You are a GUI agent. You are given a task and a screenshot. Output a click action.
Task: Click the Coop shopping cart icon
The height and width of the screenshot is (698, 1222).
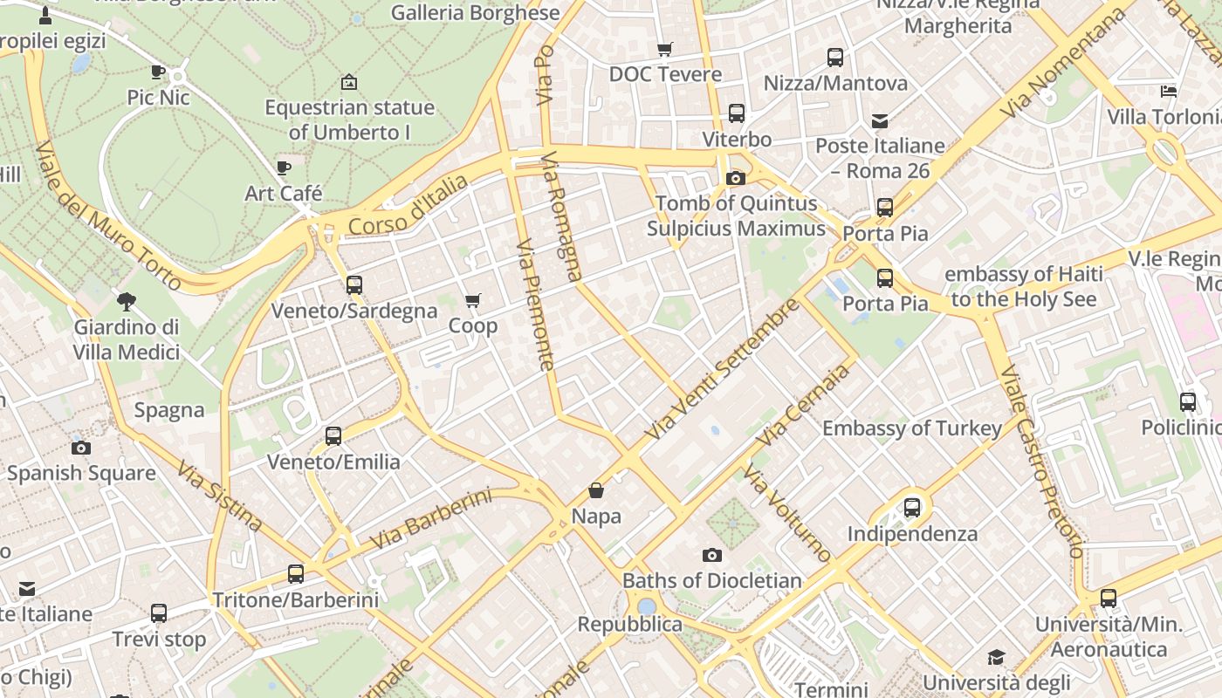click(472, 301)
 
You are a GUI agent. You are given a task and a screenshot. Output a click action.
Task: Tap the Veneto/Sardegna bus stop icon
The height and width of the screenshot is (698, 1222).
click(354, 284)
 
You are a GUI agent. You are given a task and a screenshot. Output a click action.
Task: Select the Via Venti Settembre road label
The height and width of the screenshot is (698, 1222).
click(722, 369)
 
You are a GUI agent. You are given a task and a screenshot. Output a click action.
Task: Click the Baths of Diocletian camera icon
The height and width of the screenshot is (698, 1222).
click(711, 555)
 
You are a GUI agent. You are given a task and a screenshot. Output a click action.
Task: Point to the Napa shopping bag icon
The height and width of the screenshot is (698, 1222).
click(596, 490)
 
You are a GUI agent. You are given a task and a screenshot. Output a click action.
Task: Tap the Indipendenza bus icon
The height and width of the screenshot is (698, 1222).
click(912, 507)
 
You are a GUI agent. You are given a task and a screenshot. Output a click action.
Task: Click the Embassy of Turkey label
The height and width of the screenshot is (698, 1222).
click(911, 428)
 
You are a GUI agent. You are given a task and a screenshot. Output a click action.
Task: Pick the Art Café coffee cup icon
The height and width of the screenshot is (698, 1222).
click(283, 168)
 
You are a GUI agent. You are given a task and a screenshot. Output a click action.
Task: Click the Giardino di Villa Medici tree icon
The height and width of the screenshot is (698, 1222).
click(127, 302)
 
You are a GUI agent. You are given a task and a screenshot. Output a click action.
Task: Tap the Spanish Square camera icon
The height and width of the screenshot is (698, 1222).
click(80, 448)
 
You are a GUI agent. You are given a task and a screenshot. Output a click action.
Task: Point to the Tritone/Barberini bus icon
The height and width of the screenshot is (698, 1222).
click(296, 574)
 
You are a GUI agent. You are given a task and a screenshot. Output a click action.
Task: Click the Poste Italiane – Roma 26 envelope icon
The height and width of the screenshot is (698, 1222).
click(879, 120)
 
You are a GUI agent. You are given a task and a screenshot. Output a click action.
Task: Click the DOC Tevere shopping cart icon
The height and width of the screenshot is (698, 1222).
click(665, 49)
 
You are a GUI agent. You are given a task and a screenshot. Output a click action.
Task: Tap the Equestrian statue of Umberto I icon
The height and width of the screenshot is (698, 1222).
click(349, 82)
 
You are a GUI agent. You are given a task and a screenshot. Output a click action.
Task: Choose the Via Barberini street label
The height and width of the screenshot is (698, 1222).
click(430, 519)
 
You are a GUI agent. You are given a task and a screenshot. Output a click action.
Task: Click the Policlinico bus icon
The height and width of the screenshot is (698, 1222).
click(1187, 402)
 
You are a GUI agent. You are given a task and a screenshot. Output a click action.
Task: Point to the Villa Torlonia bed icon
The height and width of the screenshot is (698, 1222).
click(1169, 92)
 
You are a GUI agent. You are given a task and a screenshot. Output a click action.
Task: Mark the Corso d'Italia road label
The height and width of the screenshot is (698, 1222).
click(408, 205)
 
